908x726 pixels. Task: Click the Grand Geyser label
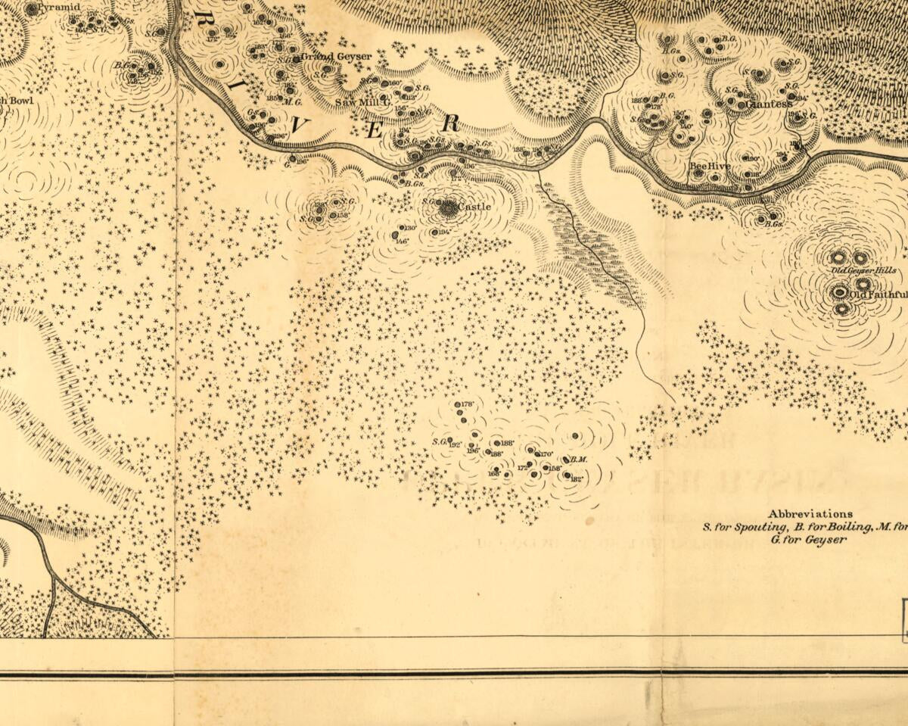[x=337, y=56]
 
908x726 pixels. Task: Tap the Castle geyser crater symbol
[x=449, y=206]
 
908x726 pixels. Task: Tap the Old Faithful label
[x=878, y=294]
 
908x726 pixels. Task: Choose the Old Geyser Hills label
[x=863, y=270]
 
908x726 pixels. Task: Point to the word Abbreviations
[x=810, y=513]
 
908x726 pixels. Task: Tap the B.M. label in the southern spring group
[x=579, y=460]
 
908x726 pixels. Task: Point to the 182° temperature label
[x=577, y=478]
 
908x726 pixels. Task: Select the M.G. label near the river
[x=294, y=101]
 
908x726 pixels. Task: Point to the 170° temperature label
[x=546, y=453]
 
